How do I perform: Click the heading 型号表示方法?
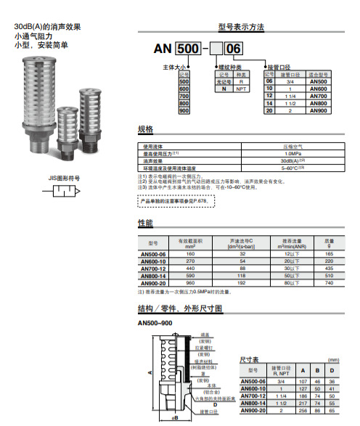[241, 27]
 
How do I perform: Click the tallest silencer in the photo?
[38, 95]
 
